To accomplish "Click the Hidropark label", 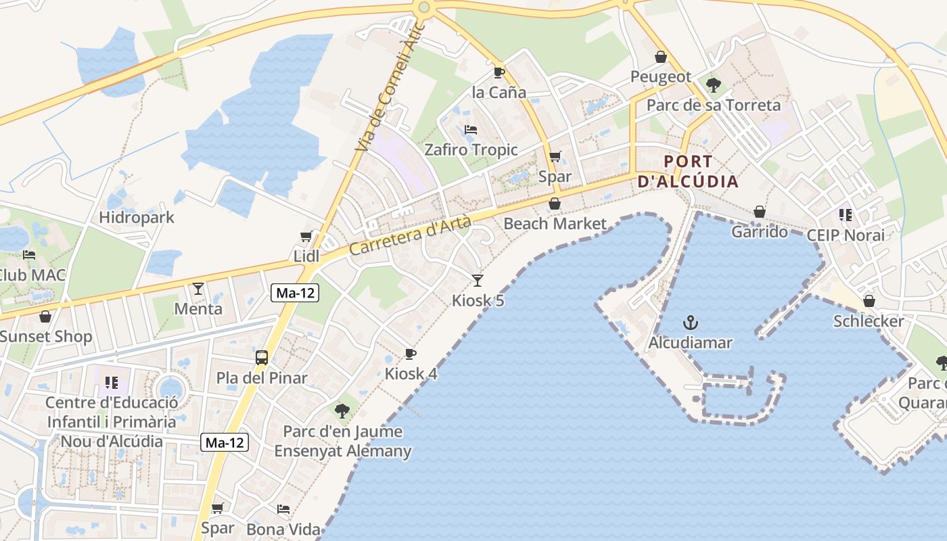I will tap(136, 218).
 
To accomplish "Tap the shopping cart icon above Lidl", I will tap(306, 236).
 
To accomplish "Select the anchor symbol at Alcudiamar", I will tap(691, 322).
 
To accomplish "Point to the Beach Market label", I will tap(555, 224).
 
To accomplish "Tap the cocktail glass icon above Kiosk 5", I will tap(478, 280).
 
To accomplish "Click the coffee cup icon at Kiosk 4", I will tap(410, 354).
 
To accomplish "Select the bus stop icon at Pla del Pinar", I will tap(262, 358).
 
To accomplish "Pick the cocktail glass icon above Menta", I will tap(198, 289).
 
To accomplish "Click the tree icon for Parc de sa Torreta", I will tap(713, 85).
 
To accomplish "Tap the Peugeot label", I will tap(661, 77).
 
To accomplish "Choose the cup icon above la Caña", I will tap(499, 72).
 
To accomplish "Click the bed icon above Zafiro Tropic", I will tap(471, 129).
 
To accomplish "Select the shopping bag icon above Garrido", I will tap(760, 212).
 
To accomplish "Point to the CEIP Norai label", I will tap(846, 235).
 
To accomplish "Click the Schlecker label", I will tap(869, 321).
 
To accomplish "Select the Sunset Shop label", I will tap(45, 337).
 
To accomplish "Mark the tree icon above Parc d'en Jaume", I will tap(342, 410).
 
